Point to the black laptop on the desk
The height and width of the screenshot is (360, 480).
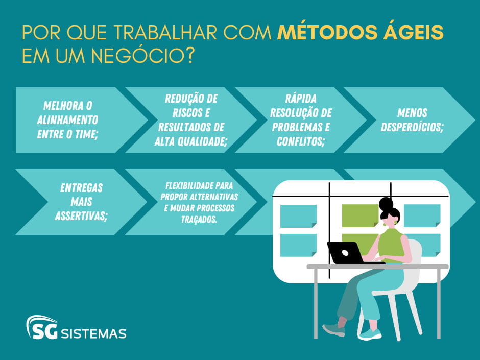pyautogui.click(x=345, y=252)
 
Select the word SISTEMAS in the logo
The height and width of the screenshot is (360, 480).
pyautogui.click(x=93, y=334)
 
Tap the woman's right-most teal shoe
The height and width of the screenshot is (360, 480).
pyautogui.click(x=369, y=334)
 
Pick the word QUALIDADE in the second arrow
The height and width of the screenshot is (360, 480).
pyautogui.click(x=204, y=141)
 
